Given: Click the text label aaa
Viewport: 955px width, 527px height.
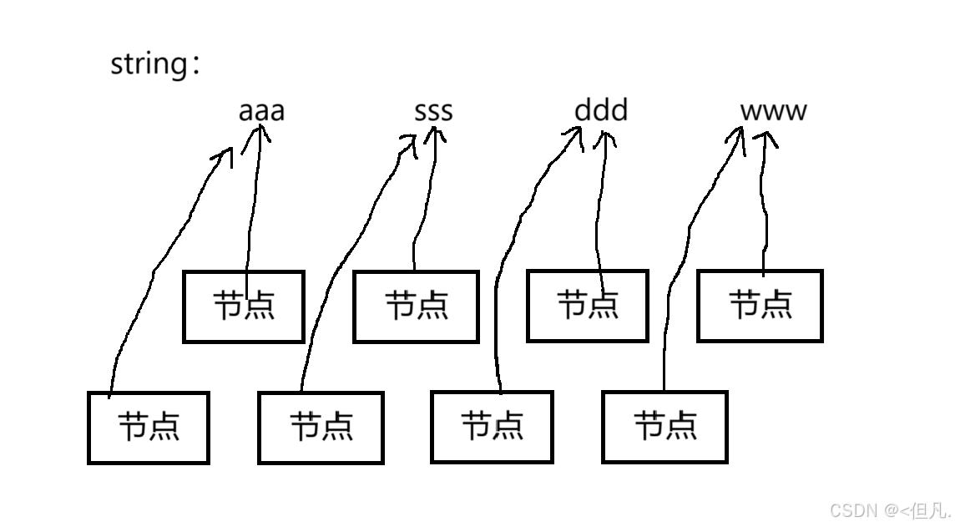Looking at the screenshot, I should [261, 111].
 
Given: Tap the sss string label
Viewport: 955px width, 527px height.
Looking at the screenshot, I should [433, 111].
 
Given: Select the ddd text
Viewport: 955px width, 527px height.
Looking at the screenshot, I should [601, 110].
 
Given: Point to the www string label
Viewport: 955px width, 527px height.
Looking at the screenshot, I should [773, 111].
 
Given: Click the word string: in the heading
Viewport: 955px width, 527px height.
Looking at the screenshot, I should [155, 64].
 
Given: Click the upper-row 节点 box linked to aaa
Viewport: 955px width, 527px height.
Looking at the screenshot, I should [244, 307].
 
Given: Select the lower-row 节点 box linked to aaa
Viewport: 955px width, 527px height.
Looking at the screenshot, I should [149, 428].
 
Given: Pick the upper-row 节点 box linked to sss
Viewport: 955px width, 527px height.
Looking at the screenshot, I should [416, 307].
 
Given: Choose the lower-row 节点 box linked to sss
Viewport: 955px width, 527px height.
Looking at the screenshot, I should [321, 428].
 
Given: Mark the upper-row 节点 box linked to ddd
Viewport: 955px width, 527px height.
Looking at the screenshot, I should [588, 307].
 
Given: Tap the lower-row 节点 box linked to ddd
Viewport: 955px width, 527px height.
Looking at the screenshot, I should [493, 428].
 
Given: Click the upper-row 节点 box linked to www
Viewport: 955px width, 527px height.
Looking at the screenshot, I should [760, 307].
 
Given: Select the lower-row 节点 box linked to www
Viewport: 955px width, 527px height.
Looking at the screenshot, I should [665, 428].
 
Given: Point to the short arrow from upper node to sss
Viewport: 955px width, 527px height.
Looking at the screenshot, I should [423, 209].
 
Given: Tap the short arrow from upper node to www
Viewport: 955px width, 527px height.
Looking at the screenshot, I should [763, 209].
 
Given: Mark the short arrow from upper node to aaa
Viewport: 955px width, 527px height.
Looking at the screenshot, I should [252, 209].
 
